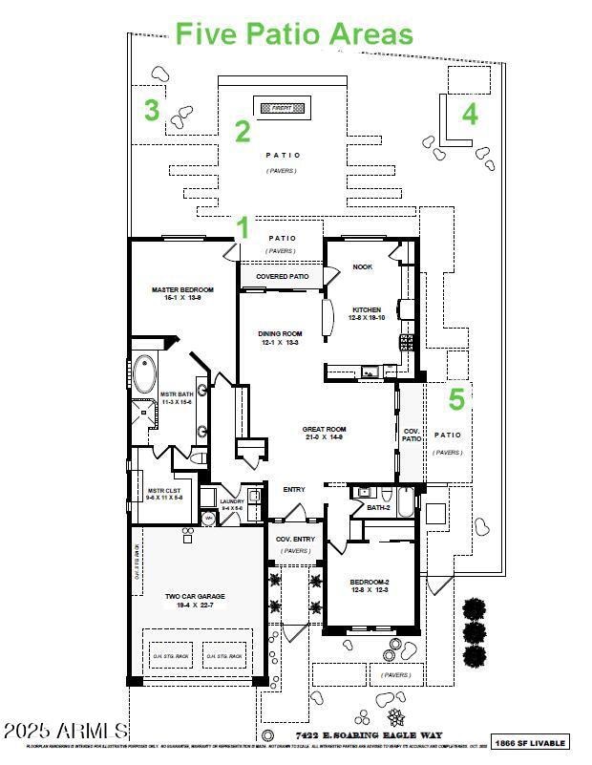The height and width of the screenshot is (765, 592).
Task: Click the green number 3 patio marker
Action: tap(151, 111)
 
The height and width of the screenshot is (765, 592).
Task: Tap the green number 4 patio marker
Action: tap(469, 115)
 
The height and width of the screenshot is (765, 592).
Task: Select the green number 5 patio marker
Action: tap(456, 399)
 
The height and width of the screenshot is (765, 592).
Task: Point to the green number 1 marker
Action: tap(243, 228)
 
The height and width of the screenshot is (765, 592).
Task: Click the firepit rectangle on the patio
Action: tap(281, 109)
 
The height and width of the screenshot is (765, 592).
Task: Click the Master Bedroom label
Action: tap(181, 293)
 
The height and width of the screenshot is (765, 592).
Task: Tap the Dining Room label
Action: tap(280, 338)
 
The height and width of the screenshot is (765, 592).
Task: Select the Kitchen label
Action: tap(367, 314)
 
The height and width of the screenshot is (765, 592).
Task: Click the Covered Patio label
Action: tap(282, 277)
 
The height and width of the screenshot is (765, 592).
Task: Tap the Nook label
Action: tap(362, 266)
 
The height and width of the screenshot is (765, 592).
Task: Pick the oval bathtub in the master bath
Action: tap(145, 374)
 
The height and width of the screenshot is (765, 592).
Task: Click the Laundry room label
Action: tap(232, 503)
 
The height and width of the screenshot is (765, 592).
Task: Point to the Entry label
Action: tap(294, 490)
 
